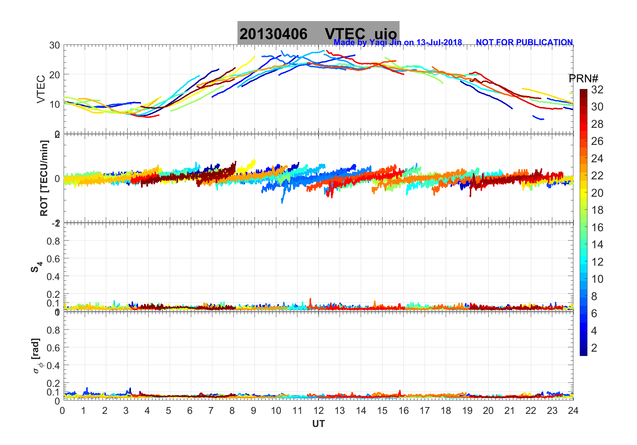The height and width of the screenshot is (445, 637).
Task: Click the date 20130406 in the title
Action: (273, 34)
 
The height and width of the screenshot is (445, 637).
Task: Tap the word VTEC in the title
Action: (345, 34)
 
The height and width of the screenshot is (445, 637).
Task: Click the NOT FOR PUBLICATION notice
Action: (524, 42)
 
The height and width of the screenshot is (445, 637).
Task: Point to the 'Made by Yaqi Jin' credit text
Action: (398, 42)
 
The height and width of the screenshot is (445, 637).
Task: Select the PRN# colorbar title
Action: (583, 79)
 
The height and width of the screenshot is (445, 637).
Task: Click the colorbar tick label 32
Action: (597, 89)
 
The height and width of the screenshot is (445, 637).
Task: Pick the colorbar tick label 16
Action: (597, 228)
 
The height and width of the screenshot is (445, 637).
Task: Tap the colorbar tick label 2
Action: (594, 348)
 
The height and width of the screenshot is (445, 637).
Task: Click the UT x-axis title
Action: (318, 424)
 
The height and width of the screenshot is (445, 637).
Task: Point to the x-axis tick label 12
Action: (318, 411)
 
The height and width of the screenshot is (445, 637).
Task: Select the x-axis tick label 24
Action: (573, 411)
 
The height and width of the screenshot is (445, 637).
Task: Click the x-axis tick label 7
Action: (211, 411)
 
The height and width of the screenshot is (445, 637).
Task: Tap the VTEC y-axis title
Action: (41, 89)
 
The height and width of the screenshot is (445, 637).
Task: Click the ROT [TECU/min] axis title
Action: (44, 178)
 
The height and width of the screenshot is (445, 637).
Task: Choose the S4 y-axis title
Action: (36, 267)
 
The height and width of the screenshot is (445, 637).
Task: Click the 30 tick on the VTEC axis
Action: (55, 46)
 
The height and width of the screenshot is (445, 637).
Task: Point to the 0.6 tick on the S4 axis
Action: (53, 259)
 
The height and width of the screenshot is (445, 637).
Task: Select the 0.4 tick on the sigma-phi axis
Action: (53, 365)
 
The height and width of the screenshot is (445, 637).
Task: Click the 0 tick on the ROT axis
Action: (57, 179)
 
